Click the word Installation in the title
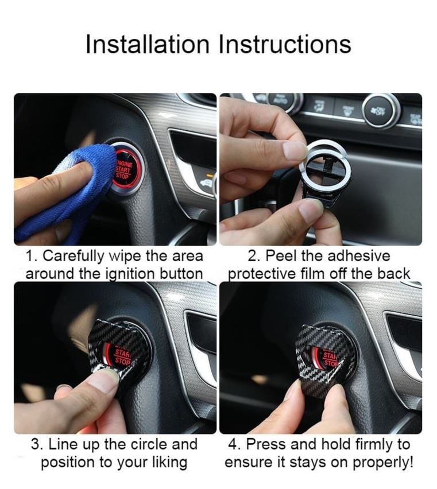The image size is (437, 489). click(147, 44)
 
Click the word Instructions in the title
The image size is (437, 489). click(285, 44)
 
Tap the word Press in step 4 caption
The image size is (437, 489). click(266, 444)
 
